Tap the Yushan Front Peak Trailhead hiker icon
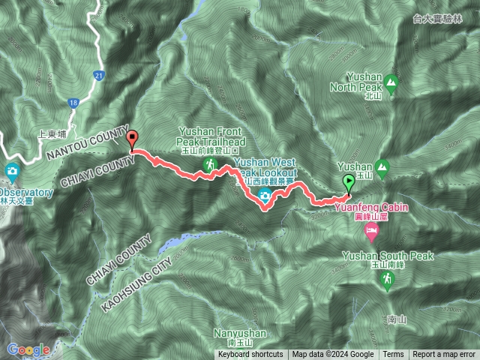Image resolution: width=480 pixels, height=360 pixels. [213, 163]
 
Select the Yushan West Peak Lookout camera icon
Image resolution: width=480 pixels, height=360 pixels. [264, 196]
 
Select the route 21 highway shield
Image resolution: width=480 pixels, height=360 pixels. [99, 75]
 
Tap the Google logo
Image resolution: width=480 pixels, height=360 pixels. [28, 349]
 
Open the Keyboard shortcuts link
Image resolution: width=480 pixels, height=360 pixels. [251, 355]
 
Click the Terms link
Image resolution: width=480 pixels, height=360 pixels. [393, 355]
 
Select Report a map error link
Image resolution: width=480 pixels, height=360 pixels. [444, 355]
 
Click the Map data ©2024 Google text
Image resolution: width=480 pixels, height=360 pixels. [333, 355]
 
